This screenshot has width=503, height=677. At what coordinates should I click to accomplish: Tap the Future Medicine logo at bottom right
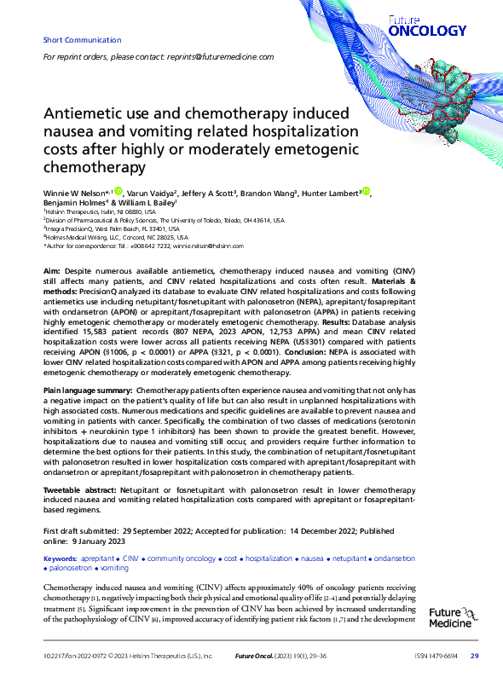pyautogui.click(x=449, y=617)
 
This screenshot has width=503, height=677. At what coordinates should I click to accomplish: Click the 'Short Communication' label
pyautogui.click(x=75, y=40)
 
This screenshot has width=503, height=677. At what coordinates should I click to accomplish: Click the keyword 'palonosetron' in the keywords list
pyautogui.click(x=70, y=568)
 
